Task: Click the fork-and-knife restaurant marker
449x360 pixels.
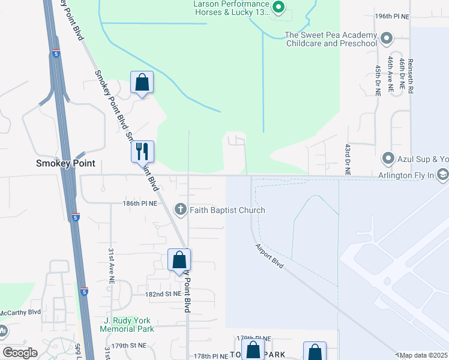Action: (x=142, y=151)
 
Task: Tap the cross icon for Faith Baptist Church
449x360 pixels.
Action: (x=179, y=209)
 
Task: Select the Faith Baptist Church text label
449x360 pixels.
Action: (x=228, y=210)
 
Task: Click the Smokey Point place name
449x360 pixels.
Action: (x=66, y=163)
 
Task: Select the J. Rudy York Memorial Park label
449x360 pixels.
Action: (x=127, y=325)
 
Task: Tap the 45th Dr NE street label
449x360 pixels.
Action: (x=378, y=82)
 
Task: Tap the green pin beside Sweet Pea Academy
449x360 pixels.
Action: (x=387, y=39)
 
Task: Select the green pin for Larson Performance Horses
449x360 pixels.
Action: (x=278, y=7)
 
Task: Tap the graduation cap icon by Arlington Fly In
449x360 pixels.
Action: (x=443, y=175)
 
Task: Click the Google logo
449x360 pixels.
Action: (x=20, y=353)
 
